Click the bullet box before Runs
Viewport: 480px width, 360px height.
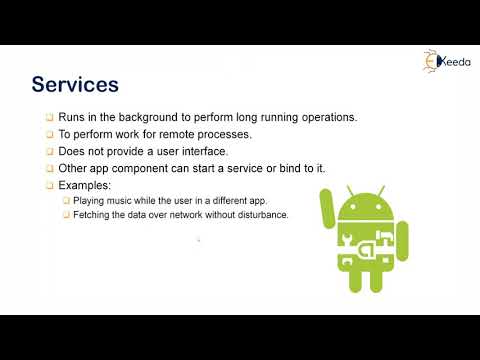click(49, 118)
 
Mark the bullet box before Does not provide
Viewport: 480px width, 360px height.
click(49, 152)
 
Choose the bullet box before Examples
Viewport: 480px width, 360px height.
click(49, 186)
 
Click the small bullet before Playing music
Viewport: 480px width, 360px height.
click(65, 201)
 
